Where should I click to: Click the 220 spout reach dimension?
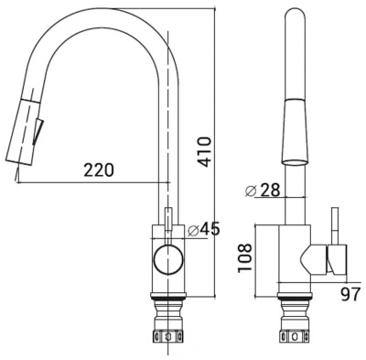[x=99, y=170]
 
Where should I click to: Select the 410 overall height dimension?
[x=202, y=152]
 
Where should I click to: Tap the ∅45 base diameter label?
[x=203, y=229]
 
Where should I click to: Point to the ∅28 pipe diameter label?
[x=263, y=191]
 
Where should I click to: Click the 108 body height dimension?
[x=245, y=257]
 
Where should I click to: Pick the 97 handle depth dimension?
[x=350, y=295]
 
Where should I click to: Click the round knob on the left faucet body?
[x=168, y=259]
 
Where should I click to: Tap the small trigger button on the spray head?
[x=38, y=130]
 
